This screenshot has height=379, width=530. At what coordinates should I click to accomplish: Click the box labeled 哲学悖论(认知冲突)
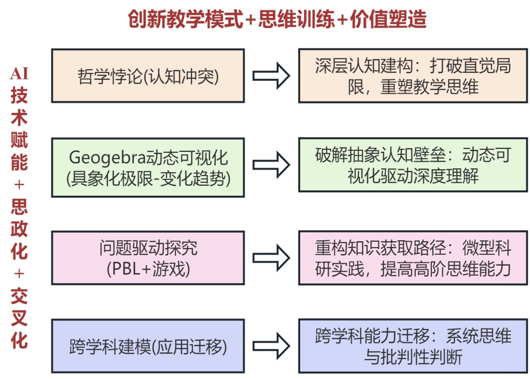(148, 76)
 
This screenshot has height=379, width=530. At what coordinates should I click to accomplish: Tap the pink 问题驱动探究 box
(148, 257)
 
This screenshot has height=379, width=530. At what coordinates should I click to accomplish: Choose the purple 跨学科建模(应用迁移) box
(148, 346)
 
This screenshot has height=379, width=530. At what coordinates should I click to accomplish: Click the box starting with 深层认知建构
(413, 76)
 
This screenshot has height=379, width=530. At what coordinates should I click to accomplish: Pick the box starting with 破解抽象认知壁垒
(413, 165)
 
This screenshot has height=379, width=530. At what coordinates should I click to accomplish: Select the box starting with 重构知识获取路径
(413, 257)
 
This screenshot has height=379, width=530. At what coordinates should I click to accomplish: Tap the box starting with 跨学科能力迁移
(413, 346)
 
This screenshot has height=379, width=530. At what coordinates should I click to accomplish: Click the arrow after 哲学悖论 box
(271, 76)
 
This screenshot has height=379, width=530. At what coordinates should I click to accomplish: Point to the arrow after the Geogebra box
(271, 165)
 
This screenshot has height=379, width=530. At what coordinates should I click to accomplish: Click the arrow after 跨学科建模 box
(271, 346)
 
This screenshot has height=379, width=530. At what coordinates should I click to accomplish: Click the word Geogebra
(102, 157)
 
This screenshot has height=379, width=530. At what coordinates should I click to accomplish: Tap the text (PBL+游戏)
(148, 268)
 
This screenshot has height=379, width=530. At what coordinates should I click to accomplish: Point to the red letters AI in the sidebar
(19, 74)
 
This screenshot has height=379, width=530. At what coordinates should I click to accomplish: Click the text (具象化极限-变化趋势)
(148, 178)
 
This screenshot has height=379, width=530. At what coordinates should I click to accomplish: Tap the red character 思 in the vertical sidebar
(19, 207)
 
